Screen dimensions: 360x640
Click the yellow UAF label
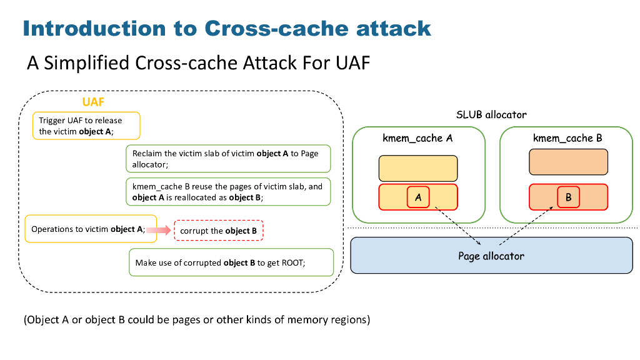coord(93,102)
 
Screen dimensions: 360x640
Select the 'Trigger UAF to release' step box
coord(86,126)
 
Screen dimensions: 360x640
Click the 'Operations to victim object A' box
coord(87,229)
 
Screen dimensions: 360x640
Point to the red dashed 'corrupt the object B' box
coord(219,231)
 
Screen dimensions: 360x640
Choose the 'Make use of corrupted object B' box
coord(231,262)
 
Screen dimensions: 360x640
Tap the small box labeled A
coord(417,197)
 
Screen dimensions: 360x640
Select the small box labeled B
coord(568,197)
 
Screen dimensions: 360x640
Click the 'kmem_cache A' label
coord(417,138)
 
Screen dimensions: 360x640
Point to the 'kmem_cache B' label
coord(567,138)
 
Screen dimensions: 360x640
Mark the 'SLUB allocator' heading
coord(491,115)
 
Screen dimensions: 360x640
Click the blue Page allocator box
coord(491,256)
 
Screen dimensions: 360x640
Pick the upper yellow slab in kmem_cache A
coord(418,168)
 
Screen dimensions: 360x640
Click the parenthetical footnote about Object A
coord(197,320)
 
